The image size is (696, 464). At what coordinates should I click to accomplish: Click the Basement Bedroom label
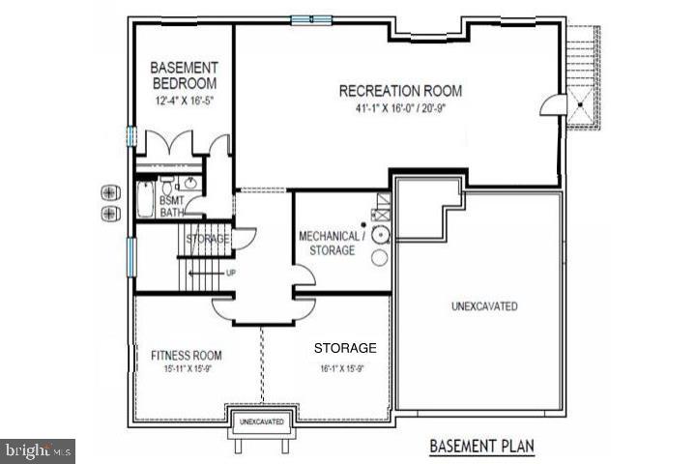pos(185,75)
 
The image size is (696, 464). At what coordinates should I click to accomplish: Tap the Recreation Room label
pos(400,92)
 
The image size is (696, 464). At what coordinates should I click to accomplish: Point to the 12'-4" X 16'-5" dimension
pos(184,101)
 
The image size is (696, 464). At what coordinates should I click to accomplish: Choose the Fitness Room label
pos(187,355)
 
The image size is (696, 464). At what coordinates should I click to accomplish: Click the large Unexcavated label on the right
pos(484,306)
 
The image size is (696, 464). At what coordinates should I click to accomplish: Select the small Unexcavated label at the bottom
pos(261,422)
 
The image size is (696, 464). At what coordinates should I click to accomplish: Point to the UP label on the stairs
pos(230,273)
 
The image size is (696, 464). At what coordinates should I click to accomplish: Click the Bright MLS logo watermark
pos(39,449)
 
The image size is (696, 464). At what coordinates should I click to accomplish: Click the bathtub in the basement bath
pos(144,199)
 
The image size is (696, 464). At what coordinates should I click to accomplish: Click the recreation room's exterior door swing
pos(550,103)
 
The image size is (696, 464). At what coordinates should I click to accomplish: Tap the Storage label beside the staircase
pos(207,239)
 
